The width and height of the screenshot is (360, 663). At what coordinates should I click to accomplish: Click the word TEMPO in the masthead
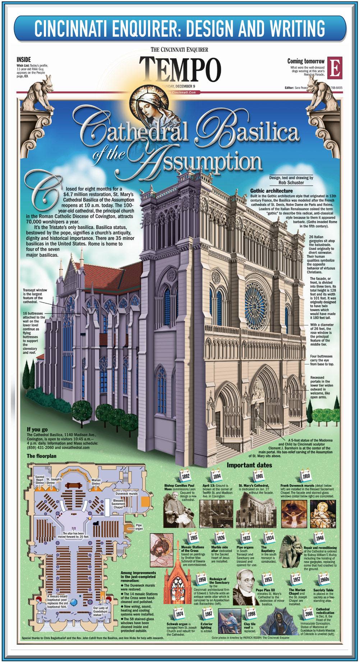[180, 69]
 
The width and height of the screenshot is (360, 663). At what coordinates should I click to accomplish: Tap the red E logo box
[334, 68]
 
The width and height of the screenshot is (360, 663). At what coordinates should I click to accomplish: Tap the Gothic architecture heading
[271, 191]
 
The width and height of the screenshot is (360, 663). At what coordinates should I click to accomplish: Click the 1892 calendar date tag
[185, 476]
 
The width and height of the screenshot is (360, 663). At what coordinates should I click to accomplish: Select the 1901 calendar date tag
[259, 476]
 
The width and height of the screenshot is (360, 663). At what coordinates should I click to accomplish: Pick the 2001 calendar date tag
[309, 614]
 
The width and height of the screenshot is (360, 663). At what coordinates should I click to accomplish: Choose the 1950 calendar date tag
[202, 579]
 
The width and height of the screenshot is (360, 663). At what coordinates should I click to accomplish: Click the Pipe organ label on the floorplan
[139, 527]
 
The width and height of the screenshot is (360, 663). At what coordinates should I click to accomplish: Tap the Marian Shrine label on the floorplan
[96, 482]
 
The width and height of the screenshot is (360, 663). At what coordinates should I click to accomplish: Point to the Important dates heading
[249, 465]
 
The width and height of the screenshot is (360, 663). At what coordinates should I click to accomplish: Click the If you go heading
[37, 429]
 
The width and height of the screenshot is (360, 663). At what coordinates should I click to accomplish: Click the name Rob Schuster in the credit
[291, 183]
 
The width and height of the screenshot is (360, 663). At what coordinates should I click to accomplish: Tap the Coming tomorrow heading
[306, 61]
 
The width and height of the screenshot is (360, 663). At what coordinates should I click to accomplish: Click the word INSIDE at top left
[24, 59]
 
